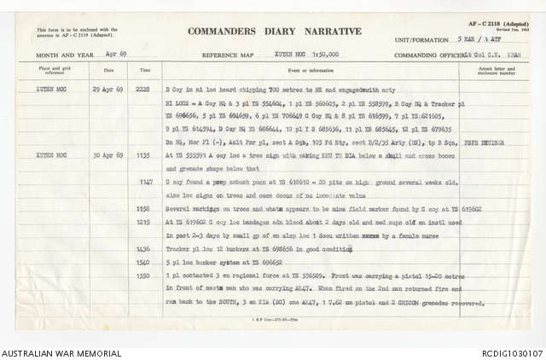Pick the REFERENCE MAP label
(229, 54)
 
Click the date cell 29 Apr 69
(108, 89)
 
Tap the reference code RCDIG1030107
(506, 352)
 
